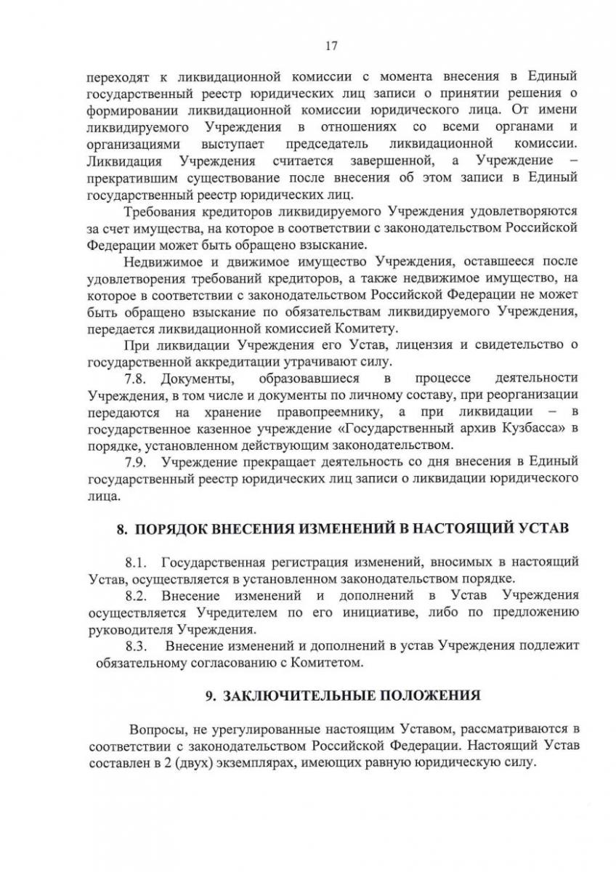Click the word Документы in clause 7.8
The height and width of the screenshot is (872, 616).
point(187,379)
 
